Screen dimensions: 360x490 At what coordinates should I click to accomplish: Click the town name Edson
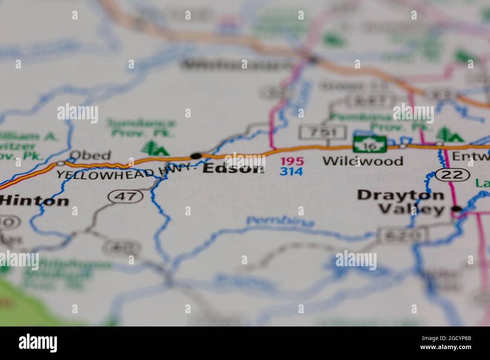[233, 169]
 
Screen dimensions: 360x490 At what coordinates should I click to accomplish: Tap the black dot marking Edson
[196, 156]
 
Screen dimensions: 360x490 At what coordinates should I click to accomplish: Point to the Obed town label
[90, 155]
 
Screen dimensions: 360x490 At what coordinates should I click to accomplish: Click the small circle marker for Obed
[61, 163]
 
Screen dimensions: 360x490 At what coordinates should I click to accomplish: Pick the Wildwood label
[363, 161]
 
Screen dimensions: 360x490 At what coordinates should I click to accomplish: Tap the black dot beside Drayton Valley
[457, 209]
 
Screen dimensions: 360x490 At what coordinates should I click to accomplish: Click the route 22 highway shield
[452, 174]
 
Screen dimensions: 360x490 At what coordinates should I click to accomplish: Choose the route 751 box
[323, 132]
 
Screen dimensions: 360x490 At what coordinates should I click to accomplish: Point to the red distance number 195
[291, 162]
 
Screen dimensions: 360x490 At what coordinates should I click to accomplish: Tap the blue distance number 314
[291, 171]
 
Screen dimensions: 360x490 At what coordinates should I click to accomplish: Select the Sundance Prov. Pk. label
[141, 127]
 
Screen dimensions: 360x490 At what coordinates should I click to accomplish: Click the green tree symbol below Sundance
[156, 148]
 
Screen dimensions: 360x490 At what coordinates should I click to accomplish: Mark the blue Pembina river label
[280, 222]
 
